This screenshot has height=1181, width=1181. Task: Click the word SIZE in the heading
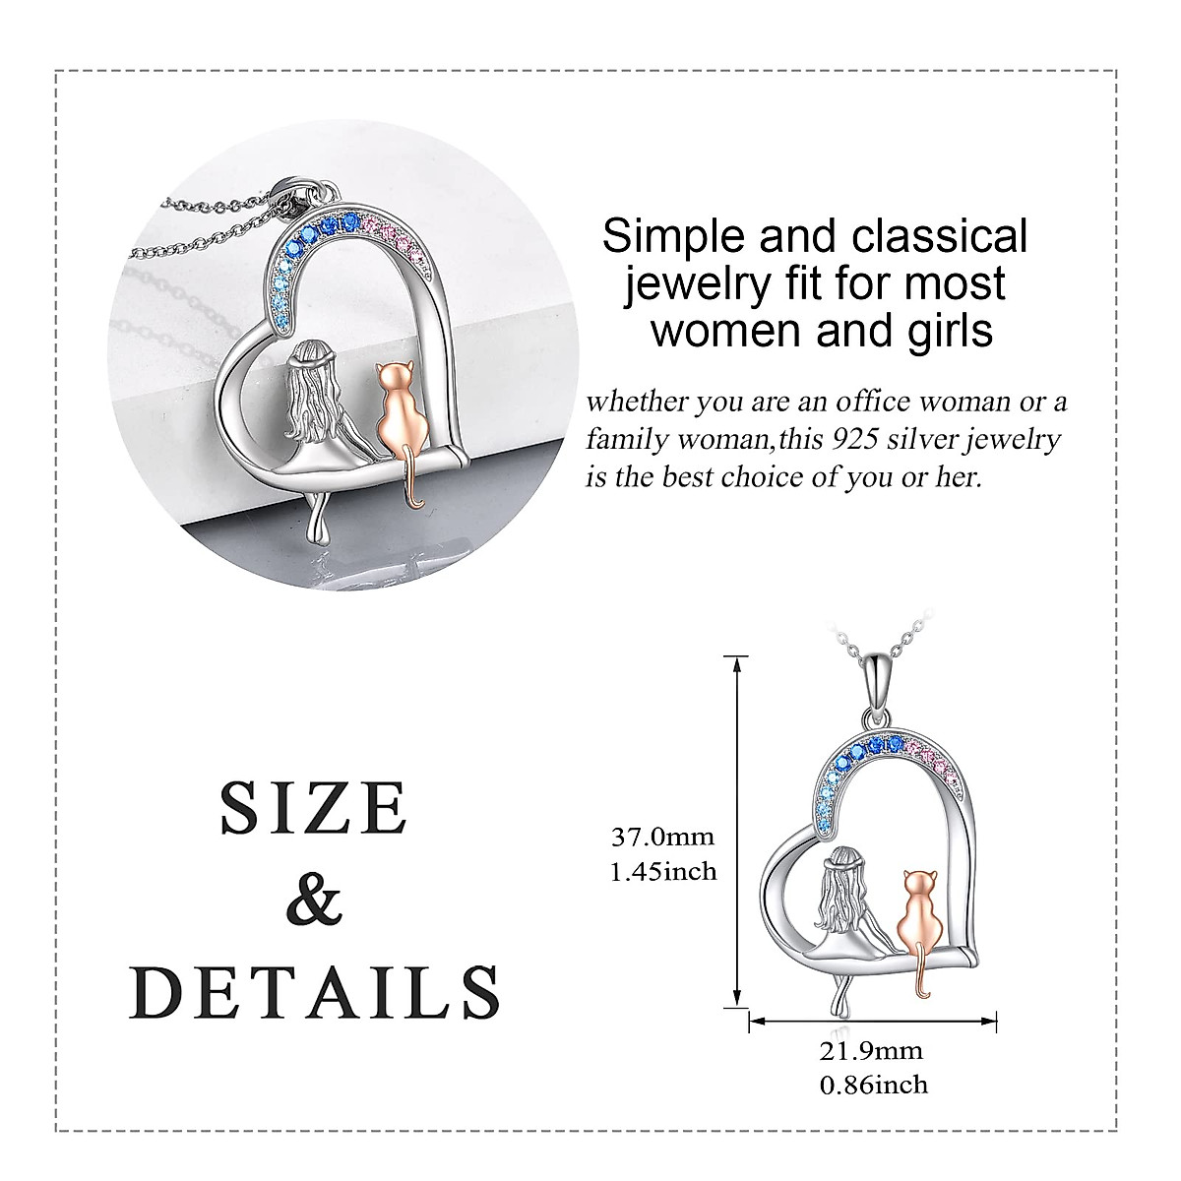click(x=314, y=809)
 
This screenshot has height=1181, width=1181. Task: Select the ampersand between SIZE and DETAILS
click(x=314, y=899)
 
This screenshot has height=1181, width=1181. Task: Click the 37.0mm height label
click(x=662, y=838)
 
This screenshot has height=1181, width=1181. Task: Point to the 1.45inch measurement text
click(x=663, y=871)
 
